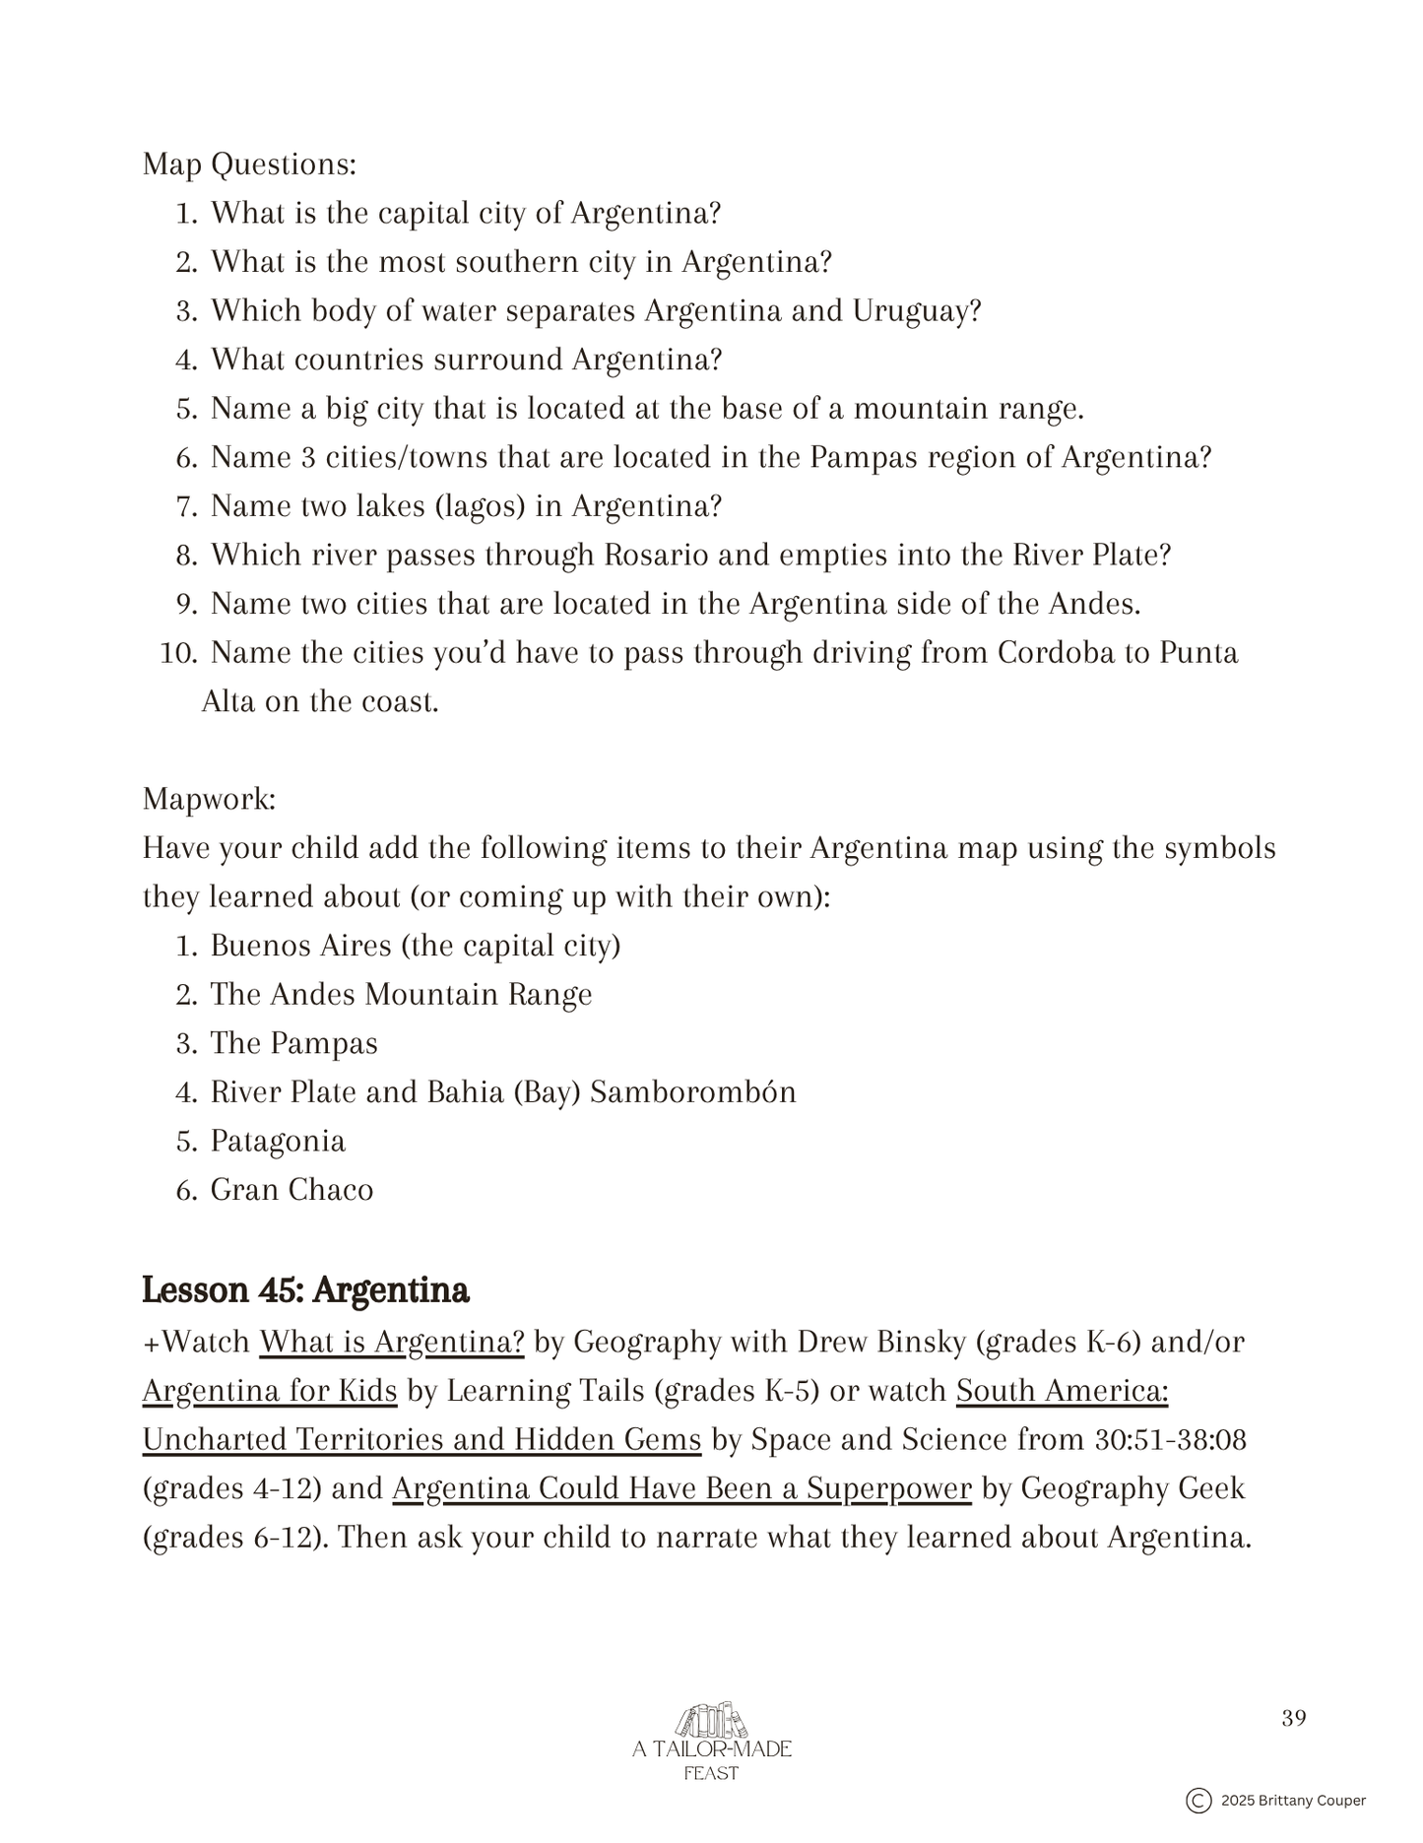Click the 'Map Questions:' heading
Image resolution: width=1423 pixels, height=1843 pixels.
click(249, 165)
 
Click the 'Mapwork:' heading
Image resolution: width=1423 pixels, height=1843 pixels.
click(209, 799)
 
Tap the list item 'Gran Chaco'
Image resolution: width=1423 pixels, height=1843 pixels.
click(291, 1190)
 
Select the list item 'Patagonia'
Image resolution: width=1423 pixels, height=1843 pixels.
click(278, 1142)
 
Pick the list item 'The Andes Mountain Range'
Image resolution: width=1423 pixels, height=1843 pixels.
click(401, 995)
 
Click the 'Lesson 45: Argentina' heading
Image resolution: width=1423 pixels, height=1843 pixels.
click(305, 1290)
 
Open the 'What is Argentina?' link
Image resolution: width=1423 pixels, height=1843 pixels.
click(392, 1342)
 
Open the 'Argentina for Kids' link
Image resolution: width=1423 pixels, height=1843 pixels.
click(270, 1391)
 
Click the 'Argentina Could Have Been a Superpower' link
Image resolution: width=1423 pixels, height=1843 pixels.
click(681, 1488)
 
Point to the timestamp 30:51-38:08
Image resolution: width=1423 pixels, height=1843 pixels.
click(1171, 1440)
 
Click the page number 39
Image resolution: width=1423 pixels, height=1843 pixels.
click(1294, 1719)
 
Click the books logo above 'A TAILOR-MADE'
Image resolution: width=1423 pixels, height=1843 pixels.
click(711, 1721)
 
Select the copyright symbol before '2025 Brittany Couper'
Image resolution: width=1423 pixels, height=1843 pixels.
click(1198, 1801)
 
